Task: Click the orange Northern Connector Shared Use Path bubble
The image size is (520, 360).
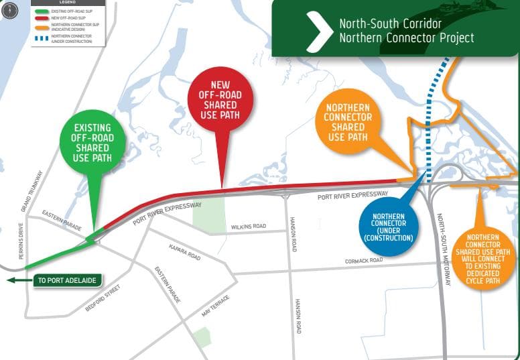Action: (348, 122)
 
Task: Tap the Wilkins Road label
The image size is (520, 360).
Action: (249, 227)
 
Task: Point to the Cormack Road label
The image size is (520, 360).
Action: (364, 260)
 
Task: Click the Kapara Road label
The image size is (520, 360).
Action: (185, 252)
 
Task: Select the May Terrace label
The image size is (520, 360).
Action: (215, 306)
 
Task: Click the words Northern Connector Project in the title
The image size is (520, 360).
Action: (406, 38)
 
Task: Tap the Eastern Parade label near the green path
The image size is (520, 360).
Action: (62, 221)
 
